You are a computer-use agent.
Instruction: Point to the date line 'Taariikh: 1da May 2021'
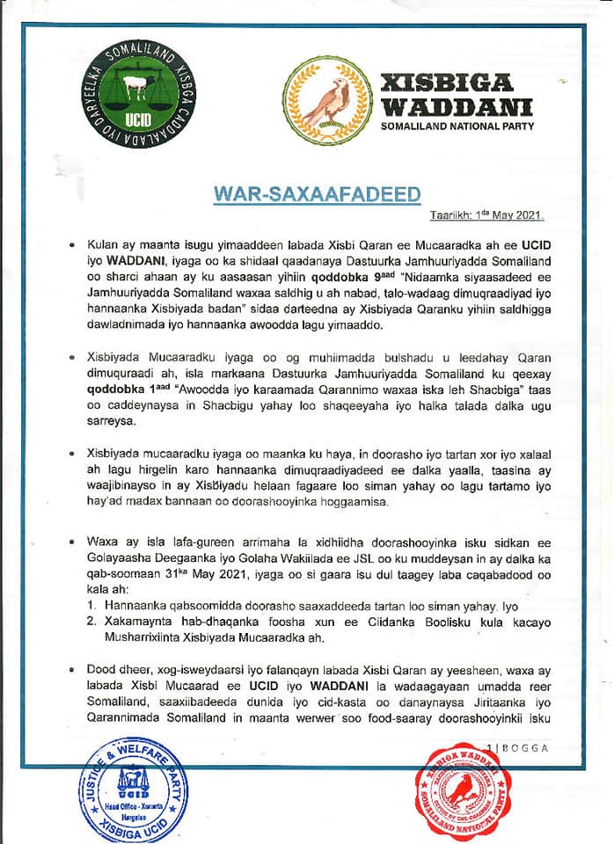pyautogui.click(x=486, y=215)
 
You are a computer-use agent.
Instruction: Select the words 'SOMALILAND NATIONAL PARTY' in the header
pyautogui.click(x=456, y=127)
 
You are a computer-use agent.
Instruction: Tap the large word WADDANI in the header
pyautogui.click(x=456, y=106)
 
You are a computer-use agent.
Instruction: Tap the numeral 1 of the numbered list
pyautogui.click(x=92, y=606)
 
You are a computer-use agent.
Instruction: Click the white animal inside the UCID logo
pyautogui.click(x=134, y=89)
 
